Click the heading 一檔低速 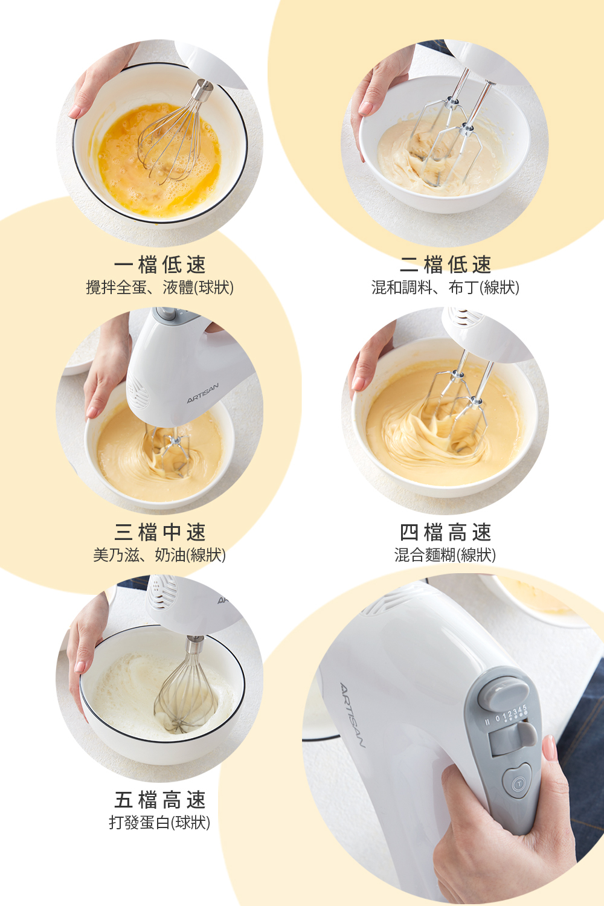(x=160, y=265)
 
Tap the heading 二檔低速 (x=445, y=265)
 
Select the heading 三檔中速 (x=160, y=532)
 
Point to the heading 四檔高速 (x=445, y=532)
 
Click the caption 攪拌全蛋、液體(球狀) (x=160, y=288)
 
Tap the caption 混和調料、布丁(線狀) (x=445, y=288)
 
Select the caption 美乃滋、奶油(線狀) (x=159, y=555)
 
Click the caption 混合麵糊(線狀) (x=445, y=555)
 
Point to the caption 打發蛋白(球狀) (x=159, y=822)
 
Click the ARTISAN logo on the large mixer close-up (x=352, y=715)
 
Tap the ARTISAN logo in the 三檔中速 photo (x=203, y=393)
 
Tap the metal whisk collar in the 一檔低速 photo (x=202, y=91)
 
